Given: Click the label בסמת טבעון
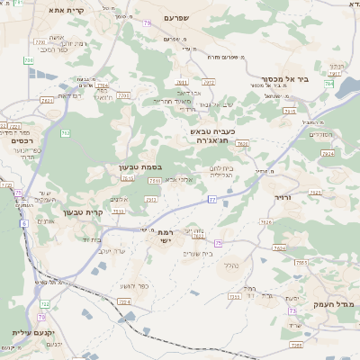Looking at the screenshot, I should [x=139, y=166].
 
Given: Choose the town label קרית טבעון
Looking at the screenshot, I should [x=83, y=212].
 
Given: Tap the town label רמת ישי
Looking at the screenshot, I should [x=158, y=236].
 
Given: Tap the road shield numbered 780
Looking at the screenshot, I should [x=28, y=60].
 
